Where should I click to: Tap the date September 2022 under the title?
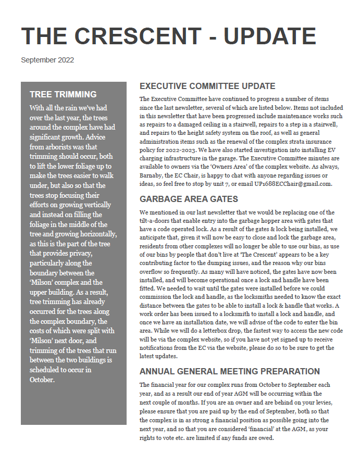coord(47,60)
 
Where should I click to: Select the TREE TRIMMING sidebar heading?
coord(63,94)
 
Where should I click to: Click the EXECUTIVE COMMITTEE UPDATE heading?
coord(207,86)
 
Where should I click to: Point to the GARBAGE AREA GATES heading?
coord(189,199)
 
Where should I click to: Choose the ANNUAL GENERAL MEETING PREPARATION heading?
coord(230,371)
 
